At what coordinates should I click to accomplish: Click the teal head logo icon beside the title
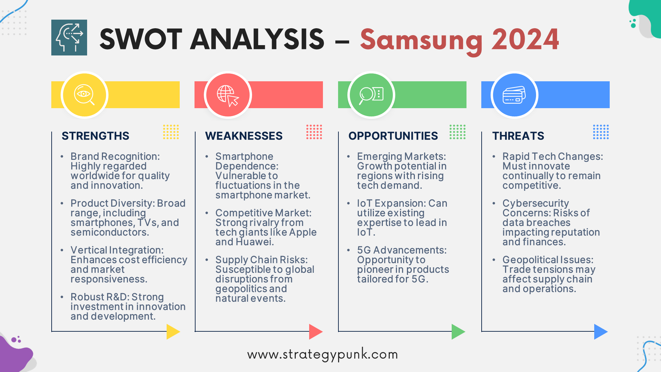69,38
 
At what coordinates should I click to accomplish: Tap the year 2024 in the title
525,40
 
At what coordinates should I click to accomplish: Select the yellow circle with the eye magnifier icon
84,95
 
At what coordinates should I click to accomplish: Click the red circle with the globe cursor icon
228,95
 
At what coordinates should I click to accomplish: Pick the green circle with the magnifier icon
371,95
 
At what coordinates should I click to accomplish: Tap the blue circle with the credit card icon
514,95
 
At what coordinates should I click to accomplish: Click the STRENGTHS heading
95,136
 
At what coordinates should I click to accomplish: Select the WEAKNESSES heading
244,136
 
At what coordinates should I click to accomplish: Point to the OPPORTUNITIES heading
393,136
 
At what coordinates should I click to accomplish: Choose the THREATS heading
518,136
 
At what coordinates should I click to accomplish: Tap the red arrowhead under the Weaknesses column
315,331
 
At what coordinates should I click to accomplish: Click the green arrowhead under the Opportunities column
458,331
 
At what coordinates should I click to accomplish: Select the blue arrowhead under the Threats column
600,331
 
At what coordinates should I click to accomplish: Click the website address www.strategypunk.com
323,354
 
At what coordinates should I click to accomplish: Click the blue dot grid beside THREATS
601,132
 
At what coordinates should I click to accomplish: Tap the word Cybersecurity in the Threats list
535,204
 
